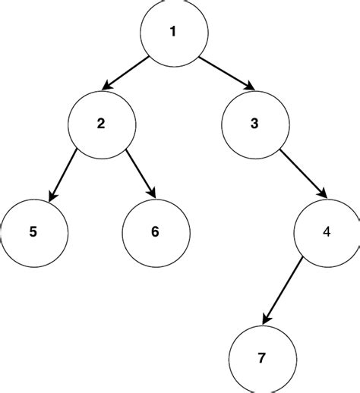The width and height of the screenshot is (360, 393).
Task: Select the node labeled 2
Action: [101, 124]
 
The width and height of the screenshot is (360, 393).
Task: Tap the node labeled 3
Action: [255, 124]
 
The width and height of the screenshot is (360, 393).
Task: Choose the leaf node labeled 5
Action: [32, 231]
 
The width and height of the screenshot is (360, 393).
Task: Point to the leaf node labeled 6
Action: [155, 231]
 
